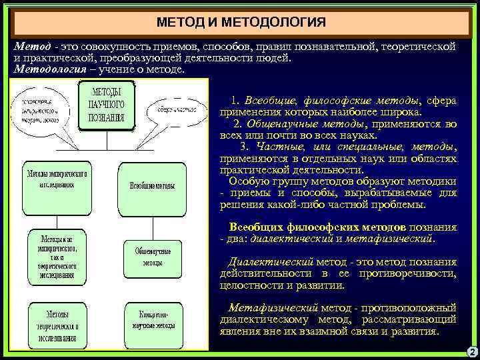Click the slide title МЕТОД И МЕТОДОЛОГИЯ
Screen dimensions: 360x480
point(241,23)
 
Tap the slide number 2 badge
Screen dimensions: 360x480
point(471,351)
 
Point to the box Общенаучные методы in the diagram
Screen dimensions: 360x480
point(153,257)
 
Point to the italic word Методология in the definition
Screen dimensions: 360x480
point(50,69)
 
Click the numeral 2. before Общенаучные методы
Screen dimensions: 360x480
point(238,123)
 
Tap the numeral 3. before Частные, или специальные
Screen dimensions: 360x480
point(243,147)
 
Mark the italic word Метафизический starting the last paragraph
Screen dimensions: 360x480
point(273,308)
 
